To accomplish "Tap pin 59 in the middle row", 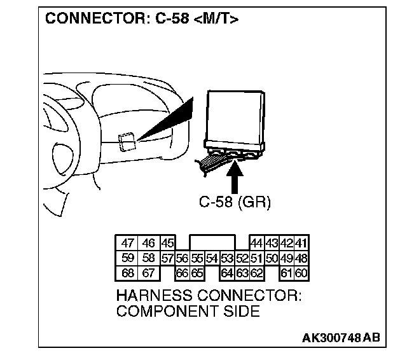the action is coord(128,258).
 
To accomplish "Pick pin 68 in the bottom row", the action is coord(128,273).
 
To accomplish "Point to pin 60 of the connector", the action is coord(301,273).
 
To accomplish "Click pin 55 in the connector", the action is coord(197,258).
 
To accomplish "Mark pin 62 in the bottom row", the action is coord(257,273).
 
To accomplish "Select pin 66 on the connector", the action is coord(183,273).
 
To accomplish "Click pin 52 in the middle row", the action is coord(242,258).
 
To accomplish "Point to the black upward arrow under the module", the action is coord(235,178).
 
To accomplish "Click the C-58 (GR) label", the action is coord(235,203).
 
